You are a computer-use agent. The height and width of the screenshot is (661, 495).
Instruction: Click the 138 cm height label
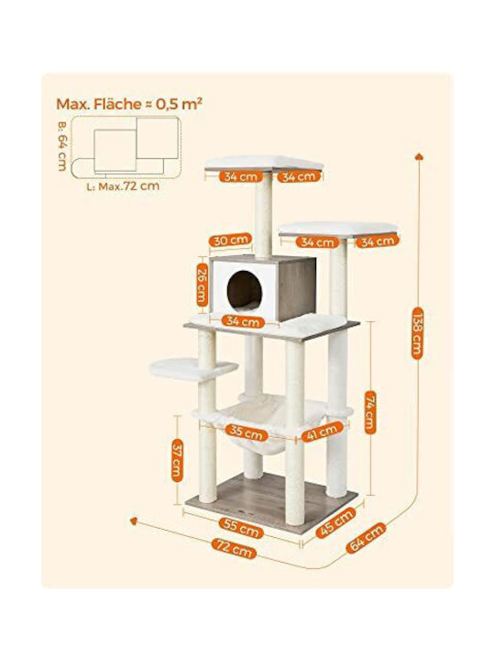(417, 333)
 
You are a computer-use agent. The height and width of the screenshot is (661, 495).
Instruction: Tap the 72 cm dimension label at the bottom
(234, 549)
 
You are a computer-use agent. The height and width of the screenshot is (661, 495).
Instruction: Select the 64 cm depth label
(366, 537)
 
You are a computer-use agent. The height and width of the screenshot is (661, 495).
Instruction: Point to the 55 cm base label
(241, 527)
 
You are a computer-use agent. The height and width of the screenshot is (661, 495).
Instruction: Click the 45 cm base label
(335, 522)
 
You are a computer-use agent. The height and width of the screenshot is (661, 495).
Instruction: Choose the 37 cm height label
(177, 460)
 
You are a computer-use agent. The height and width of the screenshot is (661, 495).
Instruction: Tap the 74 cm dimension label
(369, 412)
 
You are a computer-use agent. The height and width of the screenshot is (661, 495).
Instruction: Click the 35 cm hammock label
(247, 432)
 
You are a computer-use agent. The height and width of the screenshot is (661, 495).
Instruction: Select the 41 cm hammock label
(322, 432)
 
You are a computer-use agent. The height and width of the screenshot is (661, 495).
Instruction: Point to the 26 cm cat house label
(203, 285)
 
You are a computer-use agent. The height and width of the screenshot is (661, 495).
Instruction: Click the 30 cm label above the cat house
(230, 241)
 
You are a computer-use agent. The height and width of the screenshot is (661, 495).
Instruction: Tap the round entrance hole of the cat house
(245, 291)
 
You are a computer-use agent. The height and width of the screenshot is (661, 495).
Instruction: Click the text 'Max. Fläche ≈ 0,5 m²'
(129, 104)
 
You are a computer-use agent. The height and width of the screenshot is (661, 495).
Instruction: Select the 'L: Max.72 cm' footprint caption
(124, 185)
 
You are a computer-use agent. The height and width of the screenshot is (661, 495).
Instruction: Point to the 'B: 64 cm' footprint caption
(62, 146)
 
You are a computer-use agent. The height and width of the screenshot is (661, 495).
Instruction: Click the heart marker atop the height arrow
(419, 156)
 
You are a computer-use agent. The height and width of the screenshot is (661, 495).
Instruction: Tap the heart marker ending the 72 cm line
(134, 521)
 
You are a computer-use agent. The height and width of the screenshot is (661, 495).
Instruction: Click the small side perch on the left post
(193, 368)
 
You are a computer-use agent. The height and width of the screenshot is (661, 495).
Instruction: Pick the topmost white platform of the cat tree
(264, 163)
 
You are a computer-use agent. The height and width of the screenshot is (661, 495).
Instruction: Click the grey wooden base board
(271, 499)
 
